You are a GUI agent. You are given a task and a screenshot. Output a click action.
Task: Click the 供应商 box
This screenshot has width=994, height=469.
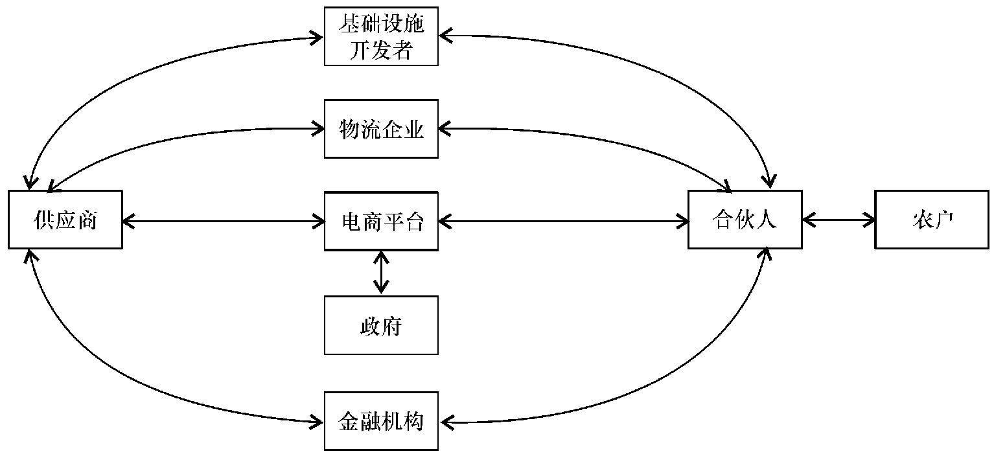pos(65,220)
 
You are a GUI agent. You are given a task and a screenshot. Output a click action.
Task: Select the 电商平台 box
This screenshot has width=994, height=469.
pos(381,221)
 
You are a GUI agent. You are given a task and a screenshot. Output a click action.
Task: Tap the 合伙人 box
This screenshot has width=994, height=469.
pos(745,220)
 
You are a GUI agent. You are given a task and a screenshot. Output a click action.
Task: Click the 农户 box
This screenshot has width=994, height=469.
pos(932,220)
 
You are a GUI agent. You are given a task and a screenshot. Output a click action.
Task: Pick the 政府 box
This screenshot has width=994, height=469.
pos(381,325)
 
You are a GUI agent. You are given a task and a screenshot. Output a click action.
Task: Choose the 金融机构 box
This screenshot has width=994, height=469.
pos(381,422)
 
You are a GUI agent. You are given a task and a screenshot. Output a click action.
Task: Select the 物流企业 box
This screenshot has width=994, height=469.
pos(381,129)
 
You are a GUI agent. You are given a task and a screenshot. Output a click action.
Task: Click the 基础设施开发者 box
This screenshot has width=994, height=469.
pos(381,36)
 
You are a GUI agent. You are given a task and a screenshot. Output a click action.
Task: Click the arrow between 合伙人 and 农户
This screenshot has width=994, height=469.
pos(838,220)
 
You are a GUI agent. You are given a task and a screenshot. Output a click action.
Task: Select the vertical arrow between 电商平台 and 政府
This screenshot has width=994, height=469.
pos(381,273)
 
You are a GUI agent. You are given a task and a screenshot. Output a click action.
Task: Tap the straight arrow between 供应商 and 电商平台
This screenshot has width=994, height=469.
pos(224,221)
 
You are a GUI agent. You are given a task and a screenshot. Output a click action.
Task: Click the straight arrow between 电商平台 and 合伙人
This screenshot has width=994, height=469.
pos(564,221)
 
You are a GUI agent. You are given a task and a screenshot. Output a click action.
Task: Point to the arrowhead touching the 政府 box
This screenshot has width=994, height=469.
pos(381,289)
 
